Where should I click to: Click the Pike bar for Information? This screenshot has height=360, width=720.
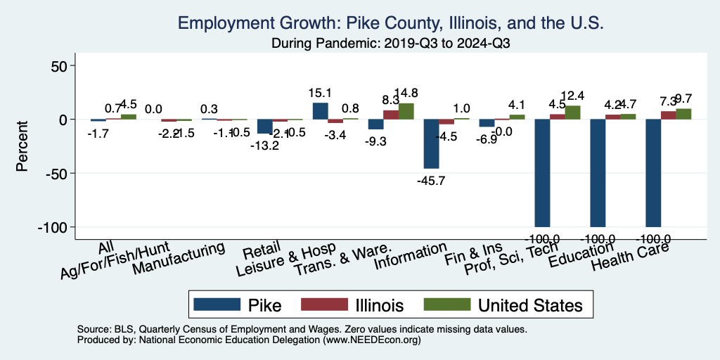[x=431, y=143]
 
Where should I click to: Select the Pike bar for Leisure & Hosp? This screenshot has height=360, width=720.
[x=320, y=111]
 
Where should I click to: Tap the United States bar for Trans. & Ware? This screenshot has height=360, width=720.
[x=406, y=111]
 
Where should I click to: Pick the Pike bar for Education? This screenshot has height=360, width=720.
[x=598, y=173]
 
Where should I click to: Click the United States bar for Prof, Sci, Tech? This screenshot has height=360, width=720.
[x=573, y=112]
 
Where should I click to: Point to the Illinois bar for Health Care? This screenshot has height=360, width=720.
[x=668, y=115]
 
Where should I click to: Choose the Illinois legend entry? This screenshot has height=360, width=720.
[x=352, y=304]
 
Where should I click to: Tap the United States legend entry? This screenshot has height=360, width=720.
[x=503, y=304]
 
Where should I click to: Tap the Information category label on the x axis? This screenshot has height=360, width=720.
[x=411, y=256]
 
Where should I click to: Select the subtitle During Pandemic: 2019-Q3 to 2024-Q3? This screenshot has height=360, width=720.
[x=391, y=44]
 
